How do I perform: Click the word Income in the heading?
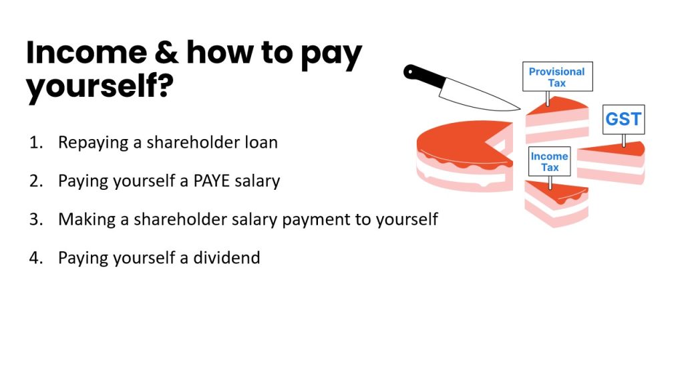pyautogui.click(x=86, y=52)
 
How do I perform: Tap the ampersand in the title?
pyautogui.click(x=166, y=52)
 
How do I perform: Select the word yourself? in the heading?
pyautogui.click(x=100, y=86)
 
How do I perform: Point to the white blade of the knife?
pyautogui.click(x=478, y=96)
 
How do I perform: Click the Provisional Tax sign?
pyautogui.click(x=558, y=77)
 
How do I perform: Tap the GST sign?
pyautogui.click(x=623, y=119)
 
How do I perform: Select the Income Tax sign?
pyautogui.click(x=550, y=162)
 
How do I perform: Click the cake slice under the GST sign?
pyautogui.click(x=611, y=162)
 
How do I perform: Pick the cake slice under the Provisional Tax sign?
pyautogui.click(x=557, y=120)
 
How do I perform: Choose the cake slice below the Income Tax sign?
pyautogui.click(x=556, y=203)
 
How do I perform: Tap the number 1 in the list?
pyautogui.click(x=36, y=143)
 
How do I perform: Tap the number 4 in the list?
pyautogui.click(x=36, y=258)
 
